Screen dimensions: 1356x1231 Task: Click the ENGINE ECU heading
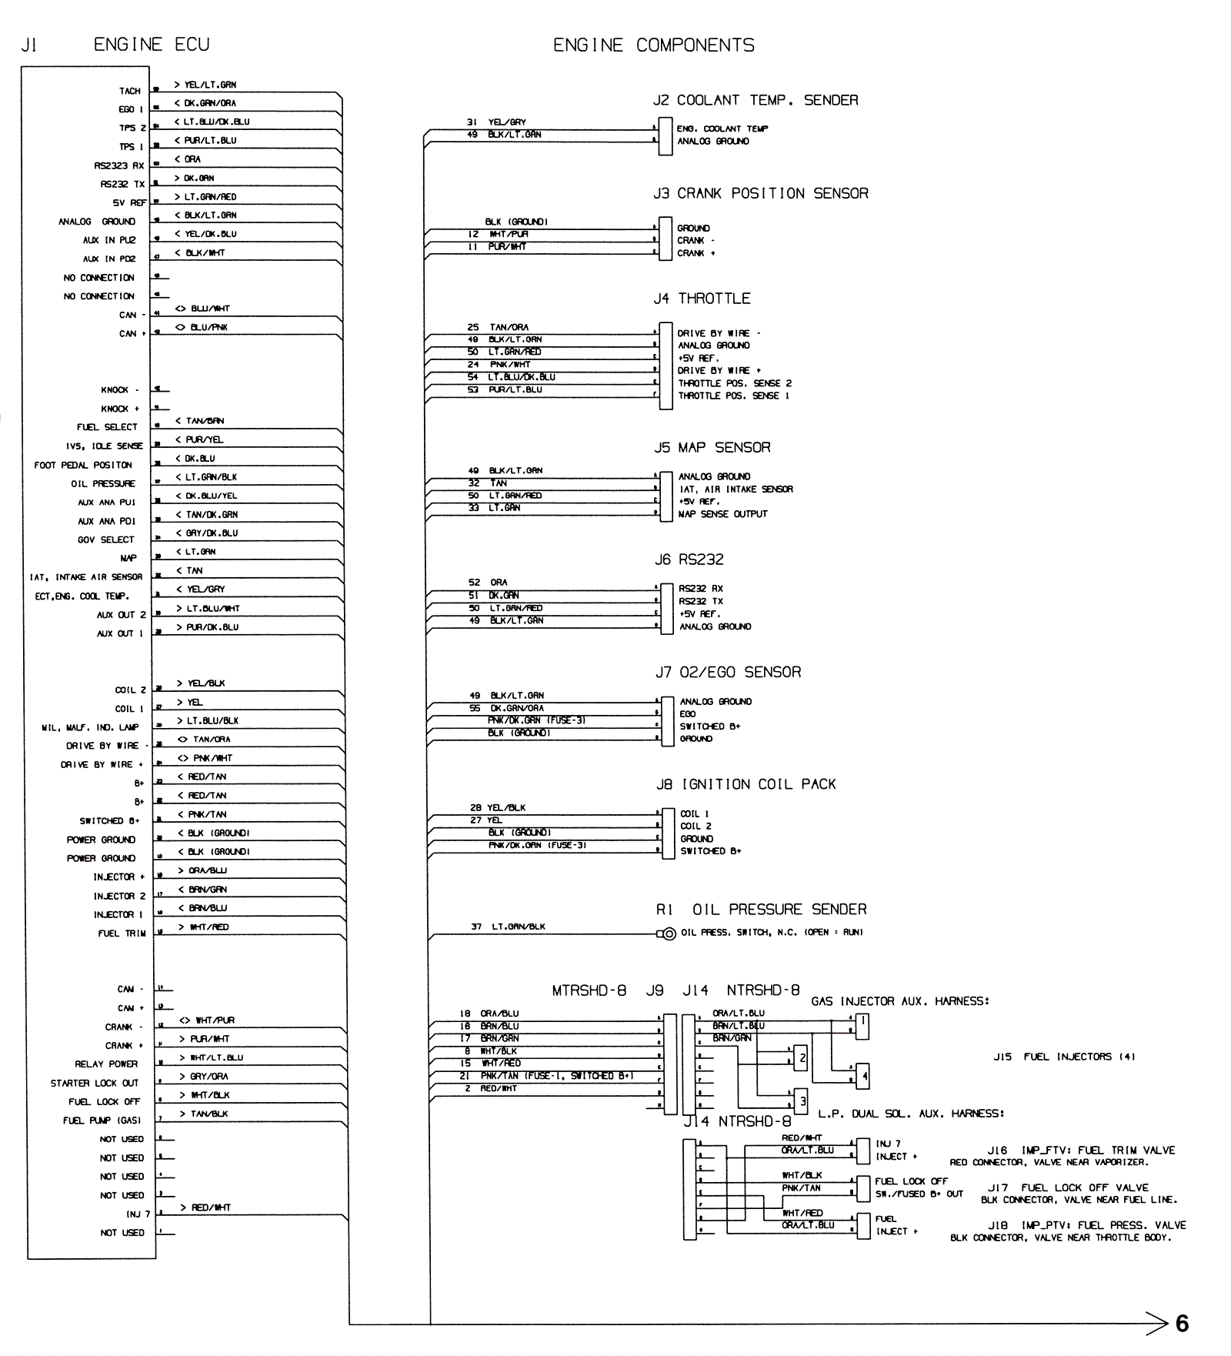[151, 45]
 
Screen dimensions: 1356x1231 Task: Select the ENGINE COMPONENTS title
[653, 45]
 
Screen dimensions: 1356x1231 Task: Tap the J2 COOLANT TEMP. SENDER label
[755, 100]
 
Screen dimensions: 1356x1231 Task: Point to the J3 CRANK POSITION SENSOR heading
[760, 193]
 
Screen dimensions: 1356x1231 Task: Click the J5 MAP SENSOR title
[712, 447]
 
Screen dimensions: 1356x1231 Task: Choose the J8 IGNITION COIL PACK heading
[745, 784]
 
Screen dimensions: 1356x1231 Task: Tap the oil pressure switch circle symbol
[669, 934]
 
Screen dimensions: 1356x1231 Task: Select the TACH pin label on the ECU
[129, 91]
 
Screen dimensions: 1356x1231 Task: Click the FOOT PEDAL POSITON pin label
[82, 465]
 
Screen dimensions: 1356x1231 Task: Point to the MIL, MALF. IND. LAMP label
[90, 727]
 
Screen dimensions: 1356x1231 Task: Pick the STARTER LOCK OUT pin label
[94, 1083]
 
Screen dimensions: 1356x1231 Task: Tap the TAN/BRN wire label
[205, 421]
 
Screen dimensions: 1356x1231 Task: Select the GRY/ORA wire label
[209, 1076]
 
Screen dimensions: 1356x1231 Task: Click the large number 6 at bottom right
[1182, 1323]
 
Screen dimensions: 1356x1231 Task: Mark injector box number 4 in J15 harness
[865, 1076]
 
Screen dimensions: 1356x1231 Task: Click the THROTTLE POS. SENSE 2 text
[734, 383]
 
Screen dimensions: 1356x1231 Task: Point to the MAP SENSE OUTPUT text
[722, 514]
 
